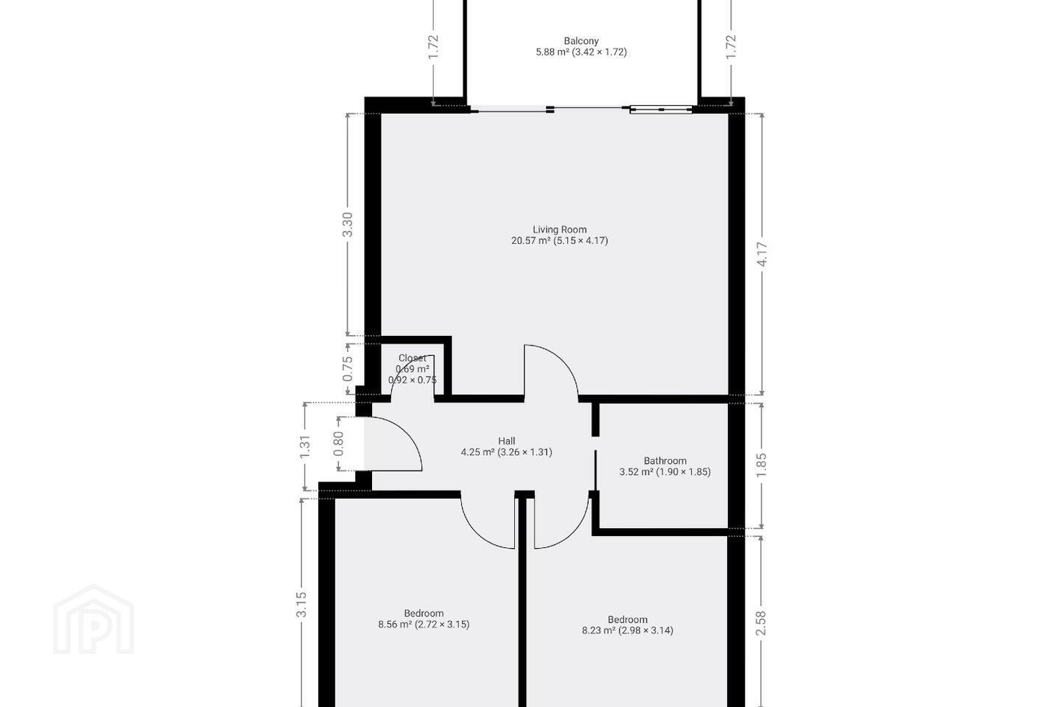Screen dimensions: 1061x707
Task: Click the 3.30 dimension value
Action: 348,225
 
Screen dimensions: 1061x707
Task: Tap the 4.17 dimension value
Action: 762,254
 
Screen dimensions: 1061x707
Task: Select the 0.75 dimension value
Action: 348,369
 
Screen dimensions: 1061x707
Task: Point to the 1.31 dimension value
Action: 304,446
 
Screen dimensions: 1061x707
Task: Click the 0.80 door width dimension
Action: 338,443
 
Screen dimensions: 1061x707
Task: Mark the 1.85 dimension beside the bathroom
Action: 761,465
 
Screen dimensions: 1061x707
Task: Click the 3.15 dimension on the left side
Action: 301,605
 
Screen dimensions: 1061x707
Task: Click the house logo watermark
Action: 94,619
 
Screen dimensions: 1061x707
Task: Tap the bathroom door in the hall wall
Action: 595,470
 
